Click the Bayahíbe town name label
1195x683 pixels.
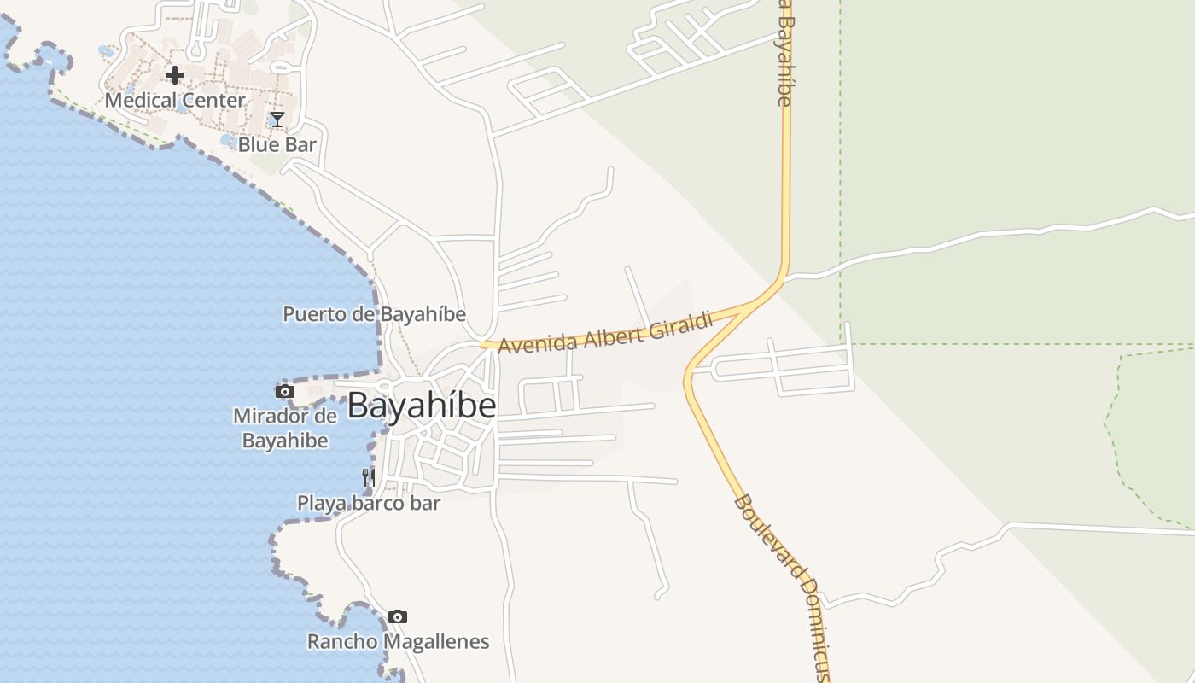(x=422, y=405)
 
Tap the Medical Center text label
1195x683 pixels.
(x=175, y=100)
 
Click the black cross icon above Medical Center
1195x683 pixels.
(x=175, y=75)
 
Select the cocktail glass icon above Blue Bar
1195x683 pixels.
(x=277, y=120)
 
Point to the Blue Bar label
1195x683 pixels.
(x=277, y=144)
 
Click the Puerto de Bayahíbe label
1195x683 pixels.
(x=374, y=314)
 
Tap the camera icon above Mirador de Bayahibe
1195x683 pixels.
(x=285, y=392)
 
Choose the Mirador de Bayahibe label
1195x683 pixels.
(x=285, y=429)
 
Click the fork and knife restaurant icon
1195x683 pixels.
(x=369, y=478)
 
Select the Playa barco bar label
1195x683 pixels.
(x=369, y=503)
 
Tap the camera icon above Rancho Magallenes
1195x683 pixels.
(x=398, y=616)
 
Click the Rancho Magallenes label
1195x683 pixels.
(x=398, y=641)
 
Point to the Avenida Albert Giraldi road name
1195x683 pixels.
(x=604, y=333)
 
